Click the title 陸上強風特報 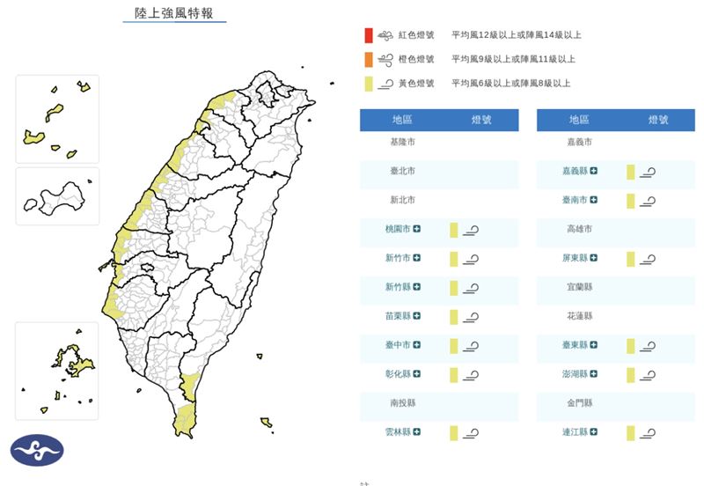[173, 14]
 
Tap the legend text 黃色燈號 [416, 83]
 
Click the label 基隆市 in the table [403, 142]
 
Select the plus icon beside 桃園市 [417, 229]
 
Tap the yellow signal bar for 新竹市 [454, 259]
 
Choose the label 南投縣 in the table [403, 402]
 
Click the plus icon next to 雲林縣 [417, 432]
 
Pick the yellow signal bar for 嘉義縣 [631, 172]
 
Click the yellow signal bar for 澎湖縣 [631, 375]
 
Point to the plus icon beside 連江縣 [594, 432]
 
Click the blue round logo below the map [36, 451]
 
